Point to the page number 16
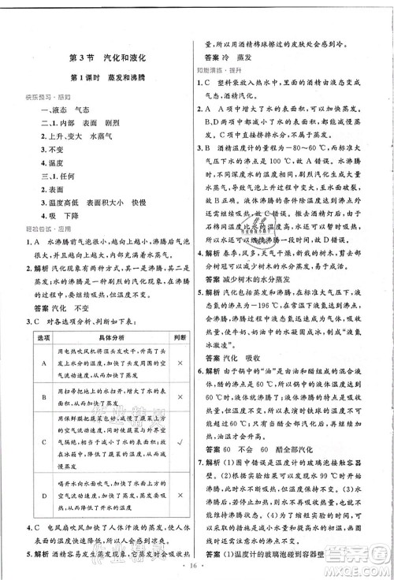click(196, 566)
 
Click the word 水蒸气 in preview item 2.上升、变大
click(97, 136)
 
